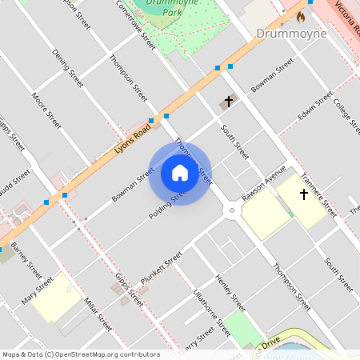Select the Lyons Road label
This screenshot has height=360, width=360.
[132, 138]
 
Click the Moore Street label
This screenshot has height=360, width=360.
[46, 111]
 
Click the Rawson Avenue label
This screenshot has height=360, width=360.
[265, 183]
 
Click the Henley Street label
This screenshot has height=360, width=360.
[230, 293]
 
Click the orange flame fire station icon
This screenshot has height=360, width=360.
[302, 15]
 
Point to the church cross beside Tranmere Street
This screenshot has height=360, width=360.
[303, 194]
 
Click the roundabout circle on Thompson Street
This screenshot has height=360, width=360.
[232, 211]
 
